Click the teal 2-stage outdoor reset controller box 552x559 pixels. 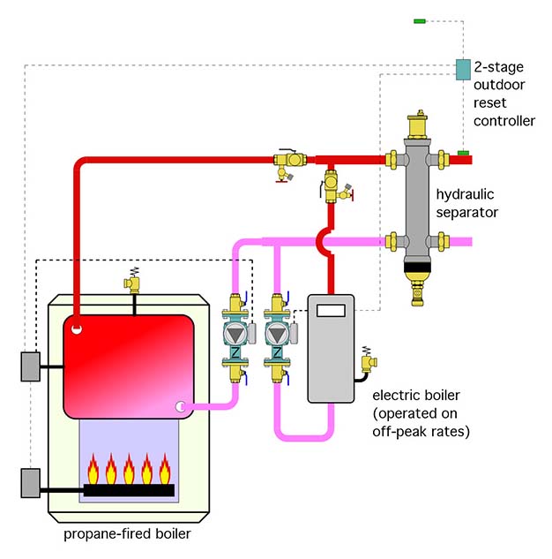point(462,69)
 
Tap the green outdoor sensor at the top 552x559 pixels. point(420,19)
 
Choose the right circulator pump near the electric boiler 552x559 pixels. point(277,335)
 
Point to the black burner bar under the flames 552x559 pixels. point(128,489)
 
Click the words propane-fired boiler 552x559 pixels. point(127,534)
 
